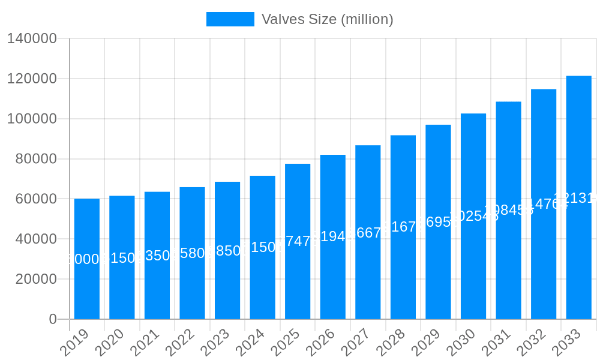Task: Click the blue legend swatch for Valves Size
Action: tap(230, 19)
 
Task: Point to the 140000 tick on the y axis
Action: tap(32, 39)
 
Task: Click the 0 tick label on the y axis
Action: tap(53, 319)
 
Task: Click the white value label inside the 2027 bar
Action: tap(368, 233)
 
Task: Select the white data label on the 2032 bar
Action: tap(544, 204)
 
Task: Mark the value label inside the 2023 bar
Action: tap(227, 251)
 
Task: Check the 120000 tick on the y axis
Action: tap(32, 79)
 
